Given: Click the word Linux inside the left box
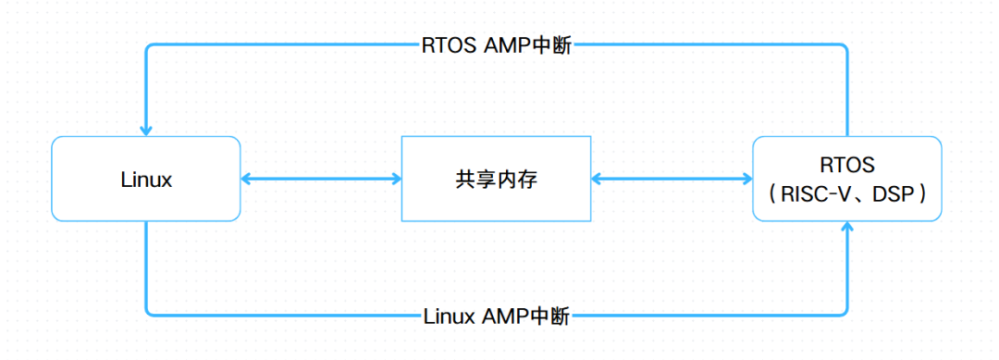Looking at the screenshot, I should (146, 180).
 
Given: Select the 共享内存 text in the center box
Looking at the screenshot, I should (496, 180).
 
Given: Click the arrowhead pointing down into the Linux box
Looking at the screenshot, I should (145, 130).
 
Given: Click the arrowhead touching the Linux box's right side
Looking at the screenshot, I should (247, 179).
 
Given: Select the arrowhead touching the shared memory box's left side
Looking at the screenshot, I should (394, 179).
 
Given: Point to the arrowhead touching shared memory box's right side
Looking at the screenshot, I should (598, 179).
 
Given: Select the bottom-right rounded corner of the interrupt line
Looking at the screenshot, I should (844, 313).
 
